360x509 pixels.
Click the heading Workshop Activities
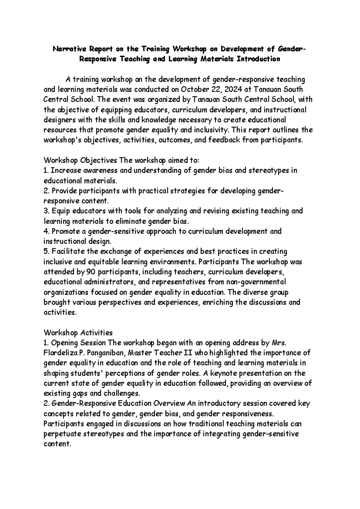click(78, 333)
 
